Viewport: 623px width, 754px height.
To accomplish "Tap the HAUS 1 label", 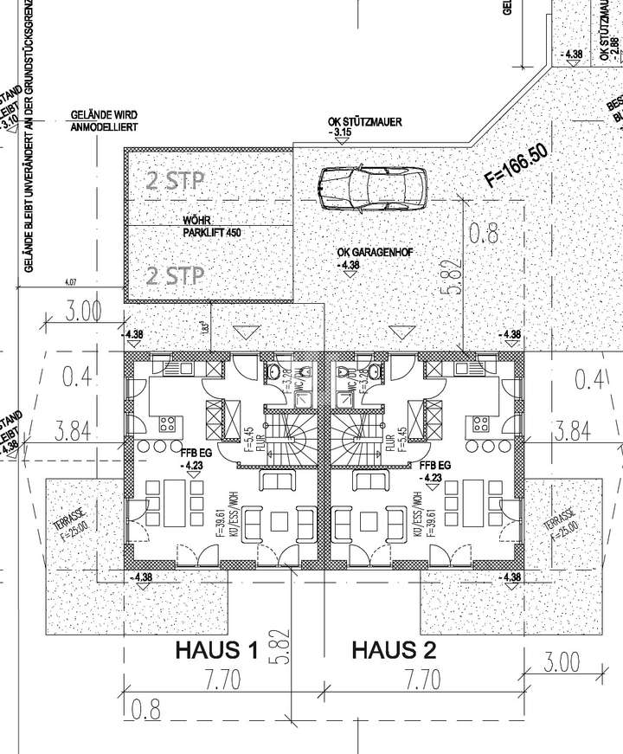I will pyautogui.click(x=216, y=650).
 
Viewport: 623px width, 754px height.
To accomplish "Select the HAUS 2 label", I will pyautogui.click(x=394, y=650).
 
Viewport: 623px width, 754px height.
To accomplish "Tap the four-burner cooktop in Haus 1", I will pyautogui.click(x=167, y=424).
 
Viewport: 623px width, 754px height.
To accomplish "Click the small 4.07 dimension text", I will pyautogui.click(x=71, y=281).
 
